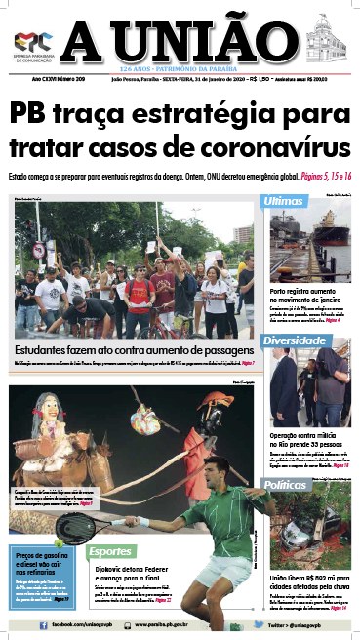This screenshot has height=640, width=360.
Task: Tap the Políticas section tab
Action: pos(295,484)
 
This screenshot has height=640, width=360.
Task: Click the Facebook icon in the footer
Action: pos(44,624)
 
